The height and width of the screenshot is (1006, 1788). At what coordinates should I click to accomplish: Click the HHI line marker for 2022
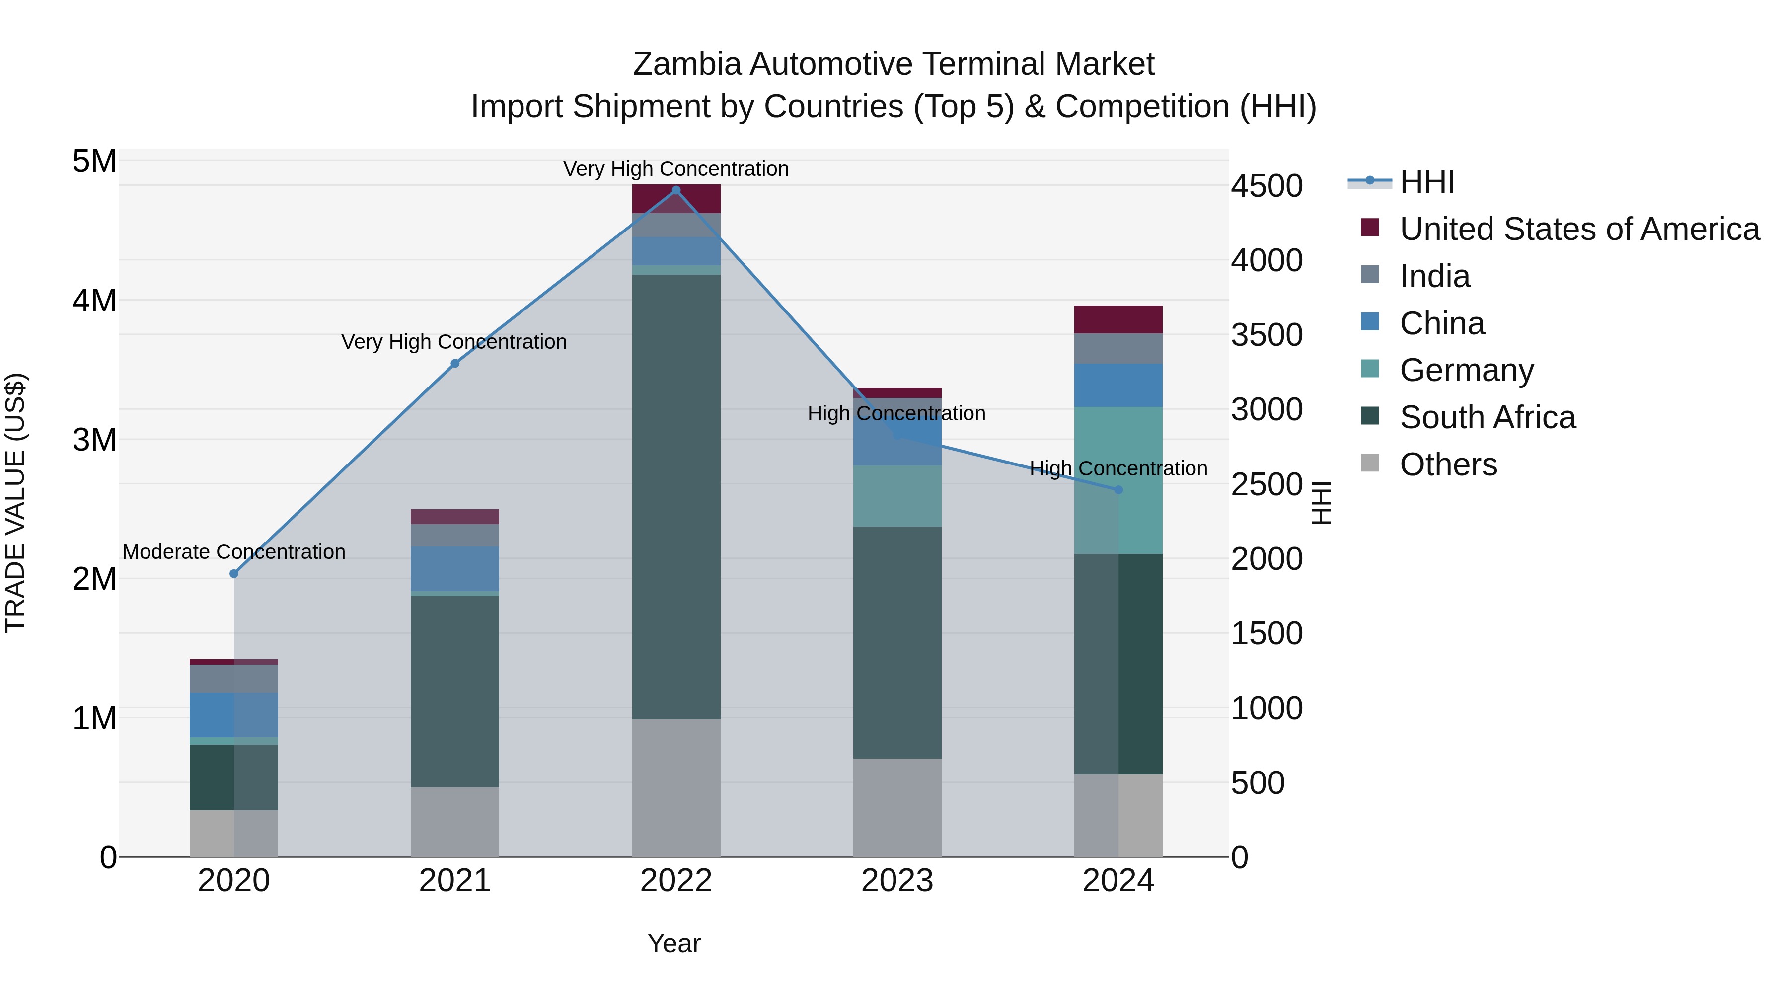[x=676, y=190]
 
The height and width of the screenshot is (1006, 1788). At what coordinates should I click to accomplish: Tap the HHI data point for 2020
[x=234, y=573]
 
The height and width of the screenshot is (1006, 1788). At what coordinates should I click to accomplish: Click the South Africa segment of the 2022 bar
[x=676, y=496]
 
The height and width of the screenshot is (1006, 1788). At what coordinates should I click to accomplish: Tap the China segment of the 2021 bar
[x=454, y=568]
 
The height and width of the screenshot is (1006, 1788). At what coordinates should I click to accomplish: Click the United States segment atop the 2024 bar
[x=1118, y=319]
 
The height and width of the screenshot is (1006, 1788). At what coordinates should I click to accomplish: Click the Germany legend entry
[x=1466, y=370]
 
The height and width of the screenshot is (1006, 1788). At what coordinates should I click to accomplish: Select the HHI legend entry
[x=1426, y=182]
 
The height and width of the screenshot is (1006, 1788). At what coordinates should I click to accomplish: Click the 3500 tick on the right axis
[x=1266, y=335]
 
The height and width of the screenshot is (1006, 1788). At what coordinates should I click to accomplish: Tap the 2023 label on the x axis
[x=897, y=881]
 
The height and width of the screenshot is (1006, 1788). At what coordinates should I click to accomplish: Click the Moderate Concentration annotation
[x=234, y=552]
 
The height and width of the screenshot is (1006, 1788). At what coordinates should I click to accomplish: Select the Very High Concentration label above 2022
[x=675, y=169]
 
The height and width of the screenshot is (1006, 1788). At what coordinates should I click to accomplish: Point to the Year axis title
[x=674, y=943]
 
